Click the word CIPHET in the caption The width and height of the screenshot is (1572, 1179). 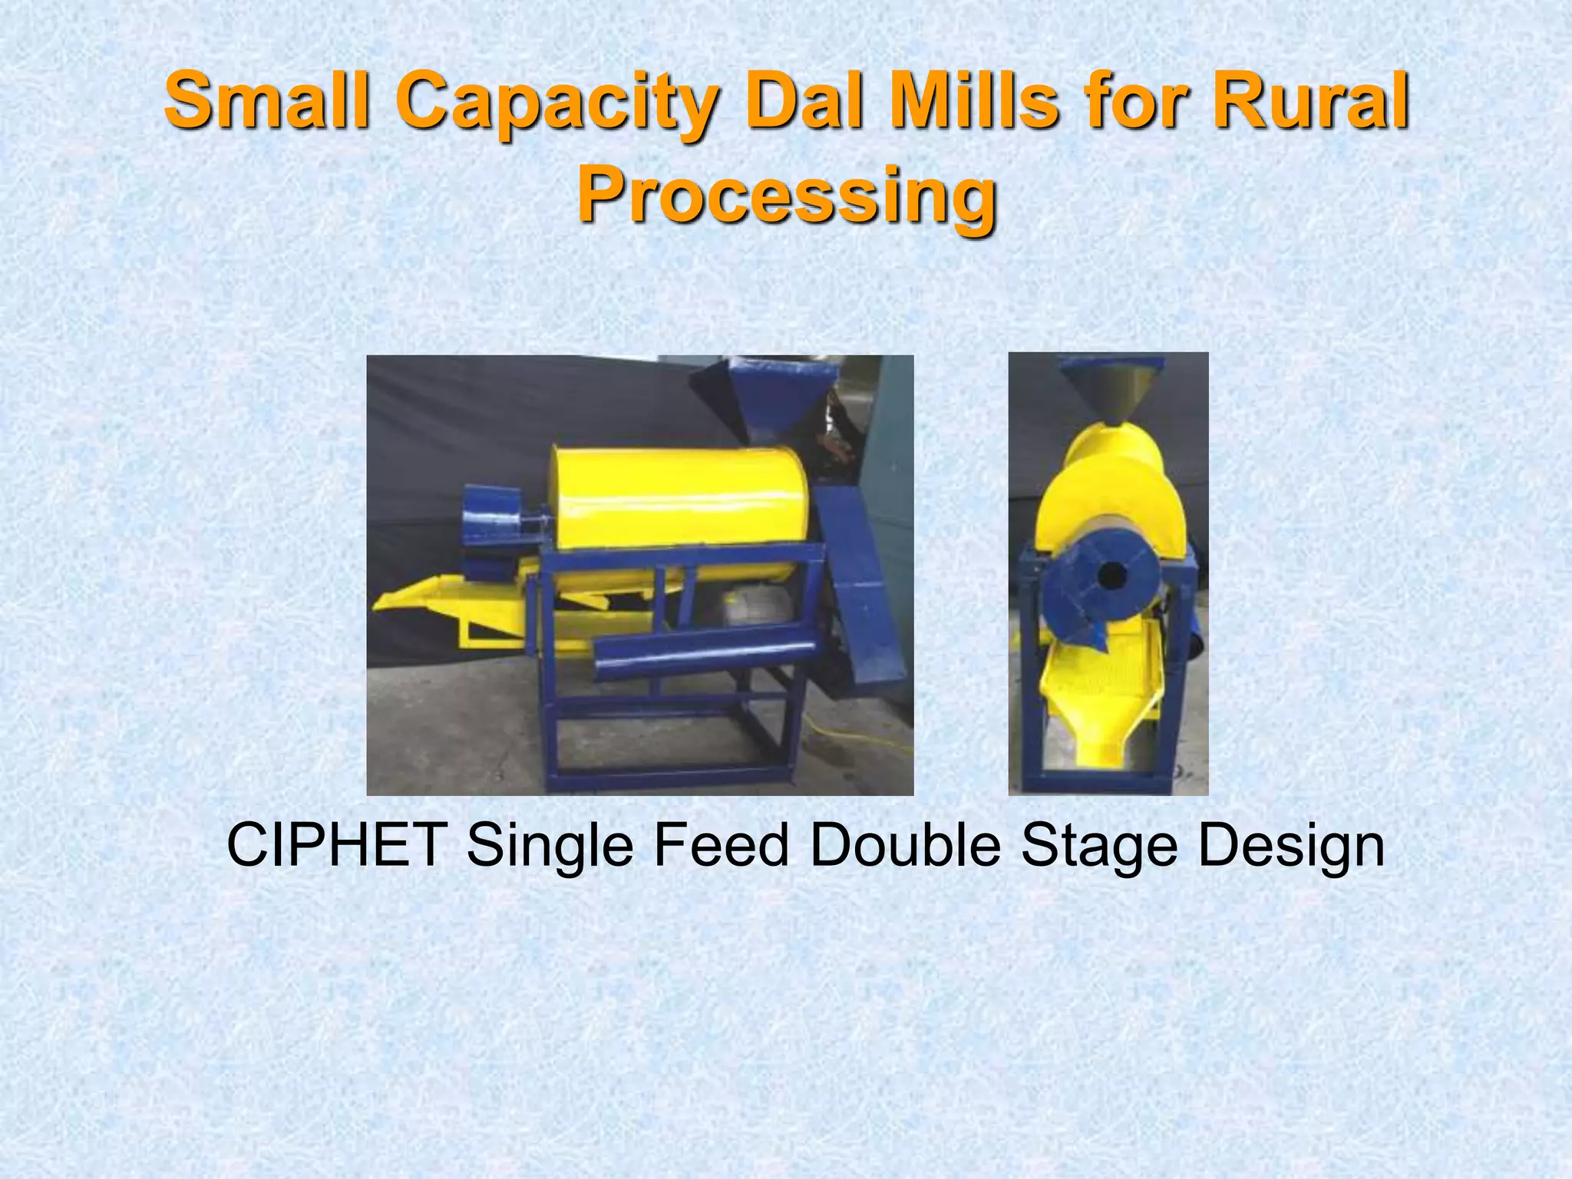pyautogui.click(x=338, y=845)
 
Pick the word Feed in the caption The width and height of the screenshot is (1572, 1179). pyautogui.click(x=722, y=845)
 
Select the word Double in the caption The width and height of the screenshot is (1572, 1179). pyautogui.click(x=906, y=845)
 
